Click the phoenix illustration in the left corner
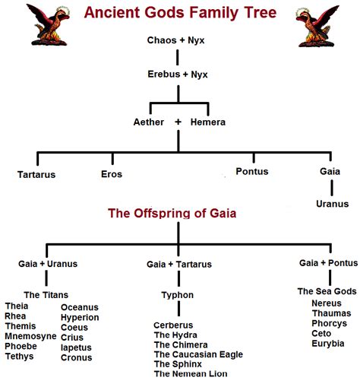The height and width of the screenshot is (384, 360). tap(48, 24)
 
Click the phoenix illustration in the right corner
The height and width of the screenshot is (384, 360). tap(317, 26)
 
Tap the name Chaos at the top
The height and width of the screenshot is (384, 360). tap(162, 40)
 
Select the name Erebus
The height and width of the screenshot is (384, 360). tap(164, 74)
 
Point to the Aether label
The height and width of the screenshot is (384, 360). tap(149, 122)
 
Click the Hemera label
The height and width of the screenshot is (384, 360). tap(208, 122)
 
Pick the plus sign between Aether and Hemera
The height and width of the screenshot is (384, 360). tap(178, 122)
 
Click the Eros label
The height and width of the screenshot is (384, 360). tap(112, 174)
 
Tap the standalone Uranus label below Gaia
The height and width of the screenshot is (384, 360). tap(332, 204)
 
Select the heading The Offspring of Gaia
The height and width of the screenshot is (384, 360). tap(172, 213)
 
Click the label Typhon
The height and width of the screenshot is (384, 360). tap(178, 295)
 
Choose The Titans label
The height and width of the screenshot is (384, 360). tap(46, 295)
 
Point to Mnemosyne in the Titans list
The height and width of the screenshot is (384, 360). tap(30, 336)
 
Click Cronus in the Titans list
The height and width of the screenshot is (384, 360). tap(76, 357)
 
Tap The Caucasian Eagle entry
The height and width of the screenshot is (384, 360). tap(198, 354)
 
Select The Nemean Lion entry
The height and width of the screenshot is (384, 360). tap(191, 373)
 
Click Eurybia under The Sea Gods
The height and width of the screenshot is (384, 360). tap(328, 344)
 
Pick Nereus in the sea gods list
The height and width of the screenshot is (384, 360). tap(327, 303)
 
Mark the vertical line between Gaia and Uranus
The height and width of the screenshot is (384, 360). tap(332, 188)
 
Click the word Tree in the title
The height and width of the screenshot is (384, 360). tap(261, 12)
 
